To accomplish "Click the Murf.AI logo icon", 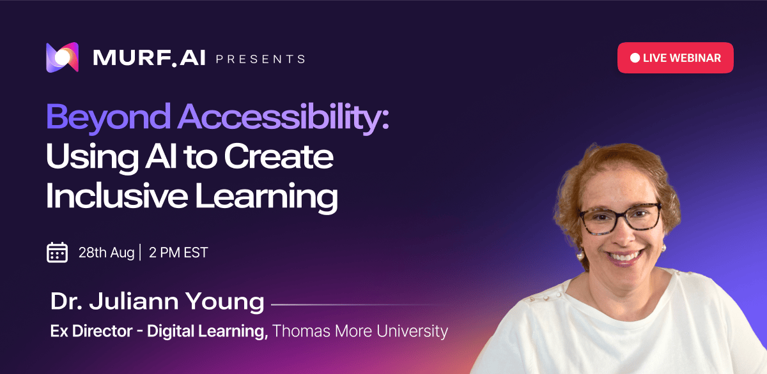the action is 63,57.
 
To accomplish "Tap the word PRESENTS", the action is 261,59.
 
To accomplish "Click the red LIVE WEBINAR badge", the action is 675,58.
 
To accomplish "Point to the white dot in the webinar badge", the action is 635,58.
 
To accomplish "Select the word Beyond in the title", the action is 108,117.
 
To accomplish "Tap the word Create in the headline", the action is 279,156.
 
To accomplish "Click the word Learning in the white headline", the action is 267,197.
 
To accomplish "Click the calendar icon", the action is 57,252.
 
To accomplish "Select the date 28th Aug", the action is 106,253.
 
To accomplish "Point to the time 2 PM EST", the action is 178,253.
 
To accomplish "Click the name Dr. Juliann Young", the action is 157,301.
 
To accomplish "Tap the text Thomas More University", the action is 360,331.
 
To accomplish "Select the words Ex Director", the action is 91,331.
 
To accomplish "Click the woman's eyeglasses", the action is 619,218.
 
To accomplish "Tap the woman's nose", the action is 623,234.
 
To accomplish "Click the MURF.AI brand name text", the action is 149,58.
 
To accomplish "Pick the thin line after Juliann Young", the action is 356,304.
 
